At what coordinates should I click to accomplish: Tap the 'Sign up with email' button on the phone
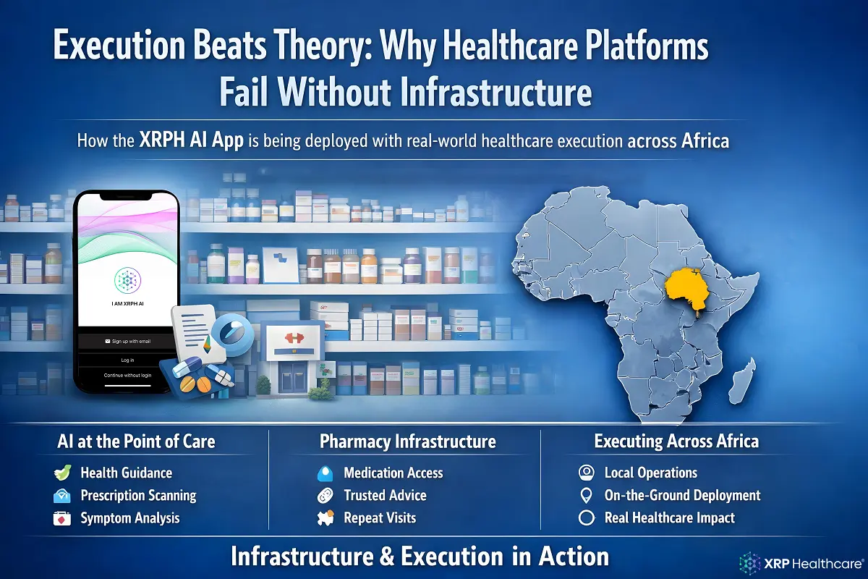pyautogui.click(x=127, y=339)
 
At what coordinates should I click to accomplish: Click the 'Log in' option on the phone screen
pyautogui.click(x=127, y=359)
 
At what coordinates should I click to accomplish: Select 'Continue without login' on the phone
pyautogui.click(x=127, y=375)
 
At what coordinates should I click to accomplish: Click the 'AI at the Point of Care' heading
pyautogui.click(x=136, y=441)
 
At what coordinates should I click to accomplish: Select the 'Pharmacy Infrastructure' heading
pyautogui.click(x=408, y=441)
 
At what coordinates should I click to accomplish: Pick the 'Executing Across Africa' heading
pyautogui.click(x=676, y=441)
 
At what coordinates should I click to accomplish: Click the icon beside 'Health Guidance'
pyautogui.click(x=63, y=473)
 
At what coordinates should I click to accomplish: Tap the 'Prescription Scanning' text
pyautogui.click(x=138, y=496)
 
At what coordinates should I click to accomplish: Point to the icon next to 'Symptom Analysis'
pyautogui.click(x=63, y=518)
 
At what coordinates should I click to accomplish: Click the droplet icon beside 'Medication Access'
pyautogui.click(x=325, y=473)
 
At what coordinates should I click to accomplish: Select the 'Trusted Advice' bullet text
pyautogui.click(x=385, y=496)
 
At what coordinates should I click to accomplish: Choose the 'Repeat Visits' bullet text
pyautogui.click(x=380, y=518)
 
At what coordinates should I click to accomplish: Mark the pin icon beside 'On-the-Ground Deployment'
pyautogui.click(x=587, y=496)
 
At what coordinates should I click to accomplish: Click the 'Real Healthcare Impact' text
pyautogui.click(x=669, y=518)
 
